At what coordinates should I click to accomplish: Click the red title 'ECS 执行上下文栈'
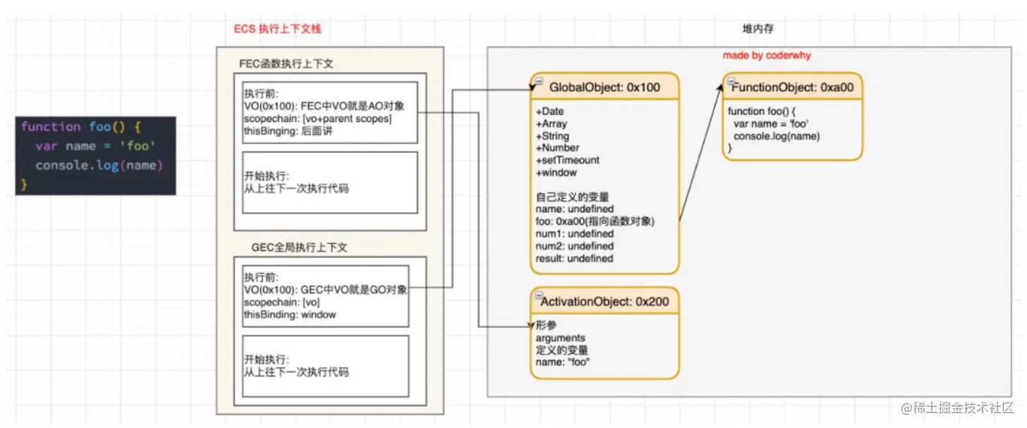point(277,30)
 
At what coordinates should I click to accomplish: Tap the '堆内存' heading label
point(759,29)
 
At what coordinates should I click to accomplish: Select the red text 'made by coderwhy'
point(767,55)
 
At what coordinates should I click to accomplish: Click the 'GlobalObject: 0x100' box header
point(604,87)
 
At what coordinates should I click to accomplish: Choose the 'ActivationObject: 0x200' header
point(604,302)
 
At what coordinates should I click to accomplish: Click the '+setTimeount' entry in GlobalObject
point(567,160)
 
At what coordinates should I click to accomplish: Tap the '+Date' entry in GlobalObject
point(549,111)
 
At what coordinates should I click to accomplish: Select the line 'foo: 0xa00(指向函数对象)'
point(595,221)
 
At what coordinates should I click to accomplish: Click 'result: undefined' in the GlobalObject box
point(574,259)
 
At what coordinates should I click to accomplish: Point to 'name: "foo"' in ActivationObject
point(562,362)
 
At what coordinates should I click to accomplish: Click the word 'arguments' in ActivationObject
point(560,338)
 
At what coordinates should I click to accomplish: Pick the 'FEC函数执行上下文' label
point(286,64)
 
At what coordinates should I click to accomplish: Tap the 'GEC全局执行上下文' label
point(299,248)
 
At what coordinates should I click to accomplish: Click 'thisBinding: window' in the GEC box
point(290,314)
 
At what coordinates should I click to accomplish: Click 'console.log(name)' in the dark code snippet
point(99,166)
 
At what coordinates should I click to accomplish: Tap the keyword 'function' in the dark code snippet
point(51,127)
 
